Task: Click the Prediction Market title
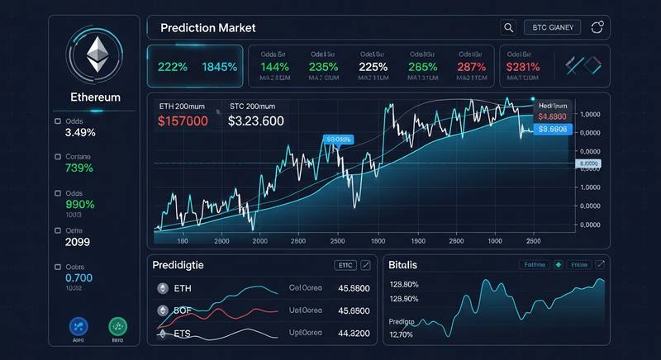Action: (x=207, y=27)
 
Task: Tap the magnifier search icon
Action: (x=509, y=27)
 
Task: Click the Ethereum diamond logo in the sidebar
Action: (x=97, y=55)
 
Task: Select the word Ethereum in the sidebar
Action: (x=96, y=97)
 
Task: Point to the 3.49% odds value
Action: (x=80, y=132)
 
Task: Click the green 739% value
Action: (x=79, y=168)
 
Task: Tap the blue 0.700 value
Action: (x=79, y=278)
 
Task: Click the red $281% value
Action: (x=524, y=68)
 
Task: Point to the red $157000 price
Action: (x=183, y=121)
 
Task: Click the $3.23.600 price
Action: (x=256, y=121)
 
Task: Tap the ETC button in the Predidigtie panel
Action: (x=345, y=265)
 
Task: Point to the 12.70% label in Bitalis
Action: (x=402, y=334)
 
